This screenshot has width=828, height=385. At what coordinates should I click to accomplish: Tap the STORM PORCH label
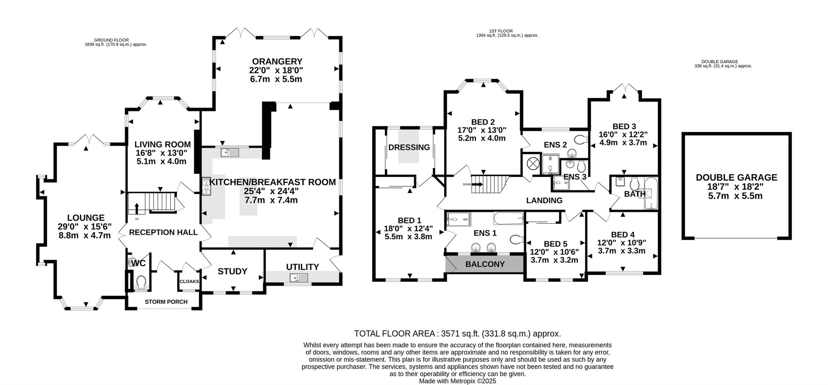pyautogui.click(x=166, y=302)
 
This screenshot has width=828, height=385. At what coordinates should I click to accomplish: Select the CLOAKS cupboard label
pyautogui.click(x=189, y=282)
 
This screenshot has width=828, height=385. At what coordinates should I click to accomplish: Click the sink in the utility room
pyautogui.click(x=299, y=278)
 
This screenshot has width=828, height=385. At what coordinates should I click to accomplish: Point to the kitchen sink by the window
pyautogui.click(x=230, y=152)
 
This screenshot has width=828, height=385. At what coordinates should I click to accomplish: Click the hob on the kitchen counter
pyautogui.click(x=206, y=186)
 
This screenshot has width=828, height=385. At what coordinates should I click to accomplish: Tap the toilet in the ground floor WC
pyautogui.click(x=141, y=282)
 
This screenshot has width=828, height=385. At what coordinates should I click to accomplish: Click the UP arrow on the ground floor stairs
pyautogui.click(x=137, y=209)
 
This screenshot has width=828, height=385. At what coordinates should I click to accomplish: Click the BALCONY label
pyautogui.click(x=485, y=264)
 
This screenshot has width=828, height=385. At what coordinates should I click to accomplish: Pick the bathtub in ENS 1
pyautogui.click(x=508, y=218)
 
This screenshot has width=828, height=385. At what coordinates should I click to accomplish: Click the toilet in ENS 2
pyautogui.click(x=582, y=139)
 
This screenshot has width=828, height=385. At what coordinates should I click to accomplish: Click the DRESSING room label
pyautogui.click(x=409, y=147)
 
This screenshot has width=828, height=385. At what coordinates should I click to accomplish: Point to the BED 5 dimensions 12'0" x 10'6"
pyautogui.click(x=554, y=252)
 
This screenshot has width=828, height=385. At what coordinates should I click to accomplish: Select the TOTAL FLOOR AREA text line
pyautogui.click(x=457, y=334)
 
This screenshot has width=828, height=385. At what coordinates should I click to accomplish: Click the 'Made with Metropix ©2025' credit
pyautogui.click(x=457, y=381)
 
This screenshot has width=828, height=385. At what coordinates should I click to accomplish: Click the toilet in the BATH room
pyautogui.click(x=635, y=183)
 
